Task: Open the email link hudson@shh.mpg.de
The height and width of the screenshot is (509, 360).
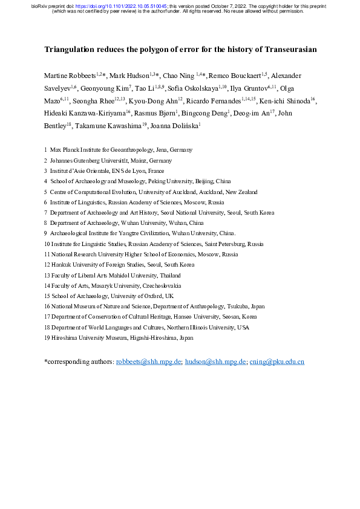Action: coord(216,361)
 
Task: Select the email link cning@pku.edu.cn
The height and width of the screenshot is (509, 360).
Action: coord(277,361)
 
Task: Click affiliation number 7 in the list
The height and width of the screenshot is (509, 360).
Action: coord(46,213)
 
